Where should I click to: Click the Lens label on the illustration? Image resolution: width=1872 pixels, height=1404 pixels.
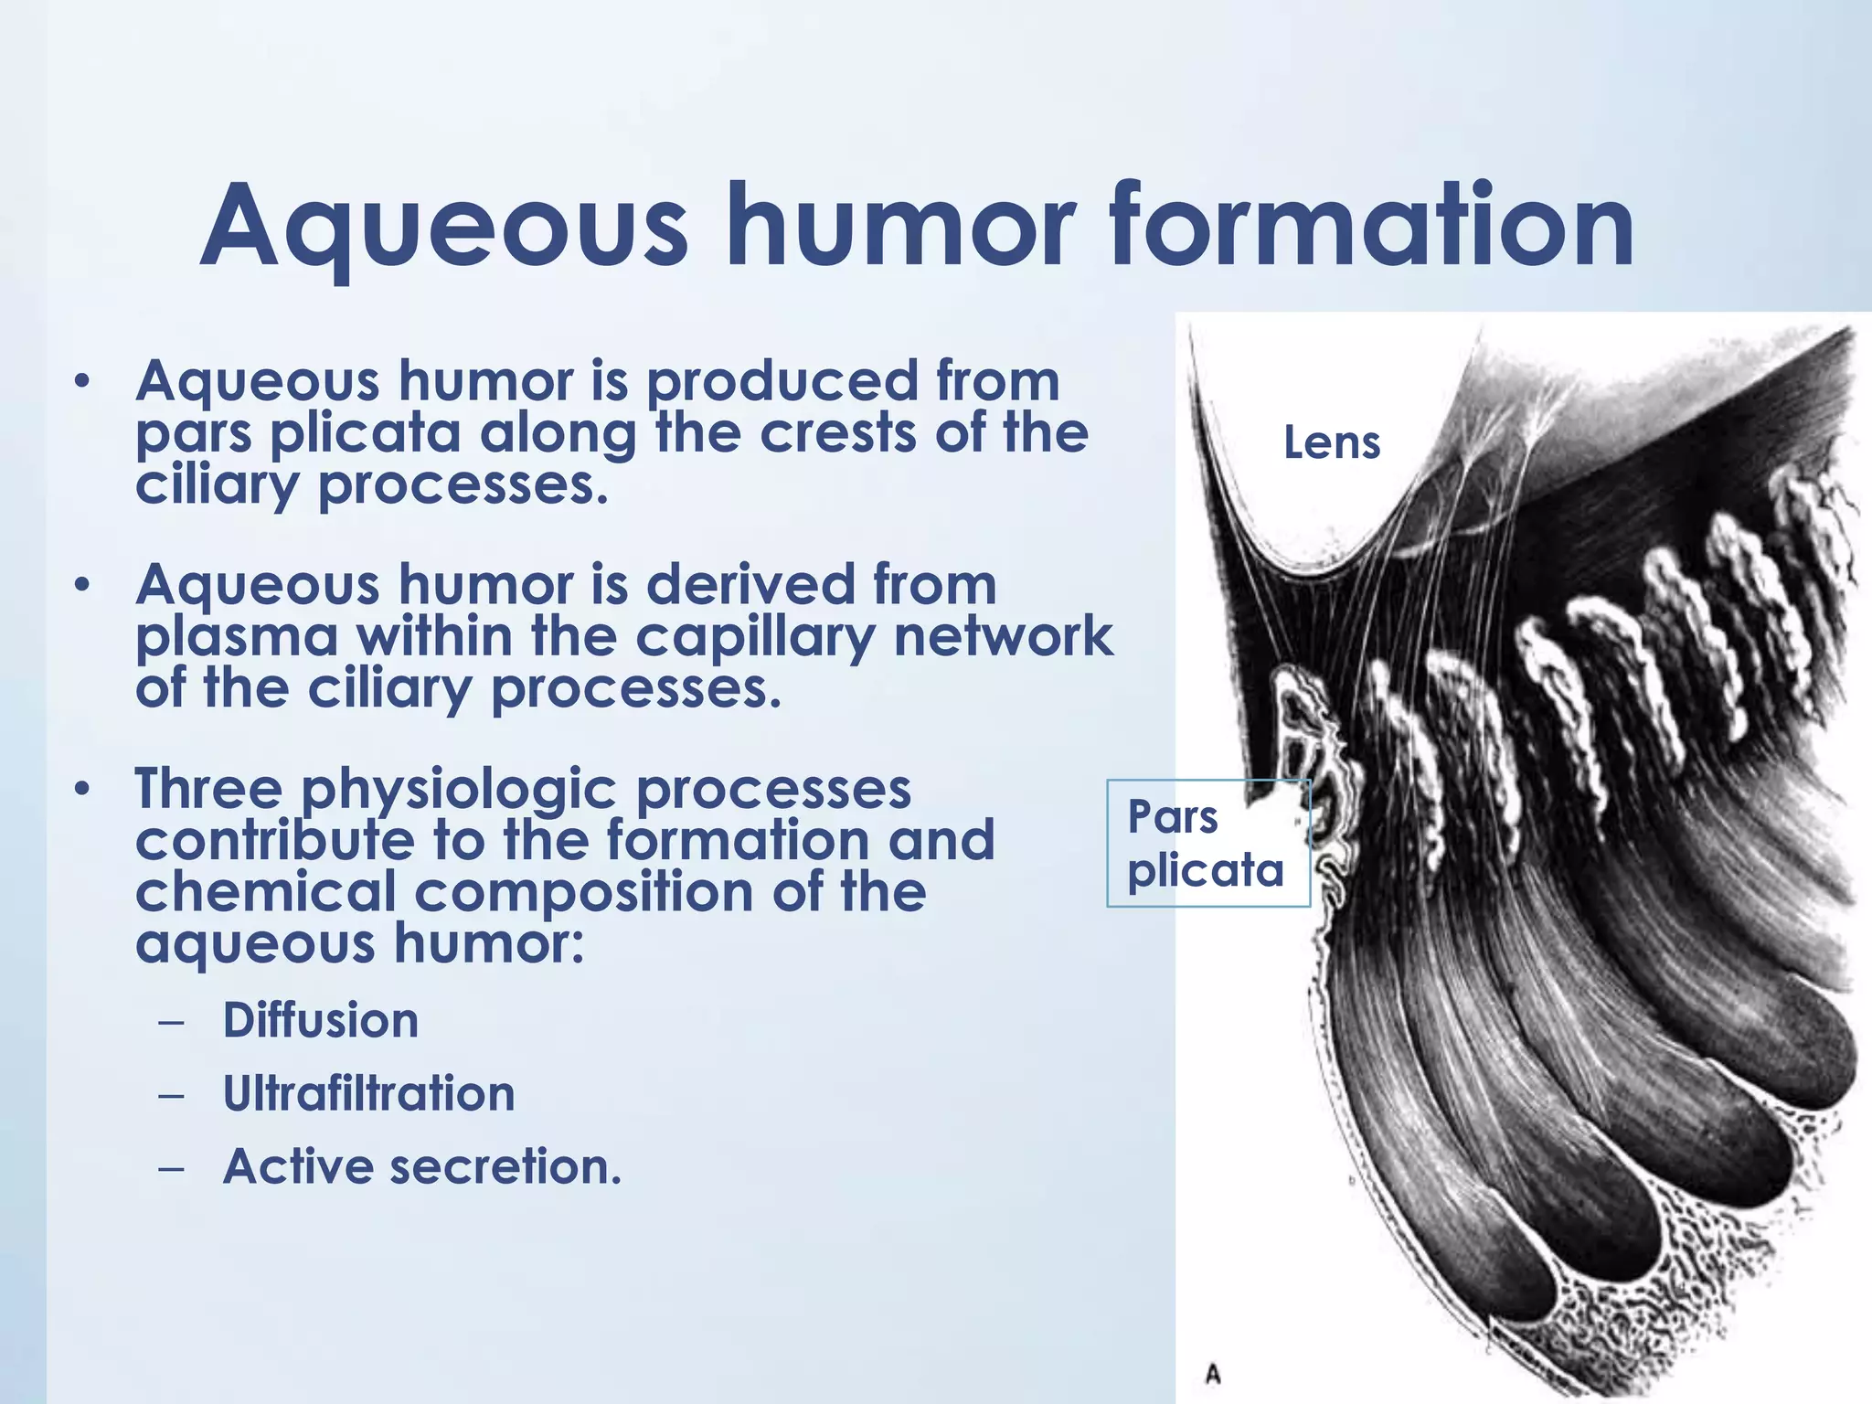1332,442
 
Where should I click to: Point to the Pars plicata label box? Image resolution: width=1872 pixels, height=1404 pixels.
1207,843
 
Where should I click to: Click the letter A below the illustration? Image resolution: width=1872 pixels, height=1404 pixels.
1213,1374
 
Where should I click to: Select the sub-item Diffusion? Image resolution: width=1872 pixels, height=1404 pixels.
321,1020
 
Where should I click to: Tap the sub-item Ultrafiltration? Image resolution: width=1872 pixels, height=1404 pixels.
369,1093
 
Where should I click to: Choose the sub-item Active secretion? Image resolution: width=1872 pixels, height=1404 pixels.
422,1166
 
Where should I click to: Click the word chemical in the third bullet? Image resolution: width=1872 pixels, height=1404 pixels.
265,892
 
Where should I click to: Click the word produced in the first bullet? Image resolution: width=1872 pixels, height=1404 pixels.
782,382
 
